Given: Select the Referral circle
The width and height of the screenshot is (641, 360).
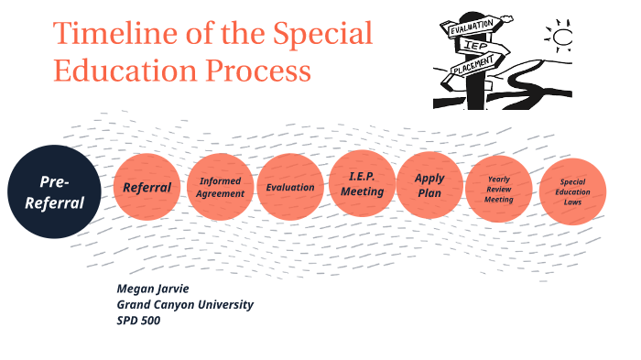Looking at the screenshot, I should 147,188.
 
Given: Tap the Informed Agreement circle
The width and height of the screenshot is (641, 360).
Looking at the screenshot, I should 221,188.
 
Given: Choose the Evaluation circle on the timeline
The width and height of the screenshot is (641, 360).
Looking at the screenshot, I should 290,188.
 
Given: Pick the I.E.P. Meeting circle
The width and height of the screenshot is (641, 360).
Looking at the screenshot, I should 362,184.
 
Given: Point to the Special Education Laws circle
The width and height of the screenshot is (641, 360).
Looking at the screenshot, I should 572,191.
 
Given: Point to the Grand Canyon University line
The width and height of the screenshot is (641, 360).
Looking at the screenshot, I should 185,304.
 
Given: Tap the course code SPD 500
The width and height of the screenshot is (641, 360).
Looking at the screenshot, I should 139,320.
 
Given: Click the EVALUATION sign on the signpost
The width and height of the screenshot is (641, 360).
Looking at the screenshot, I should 472,28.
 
